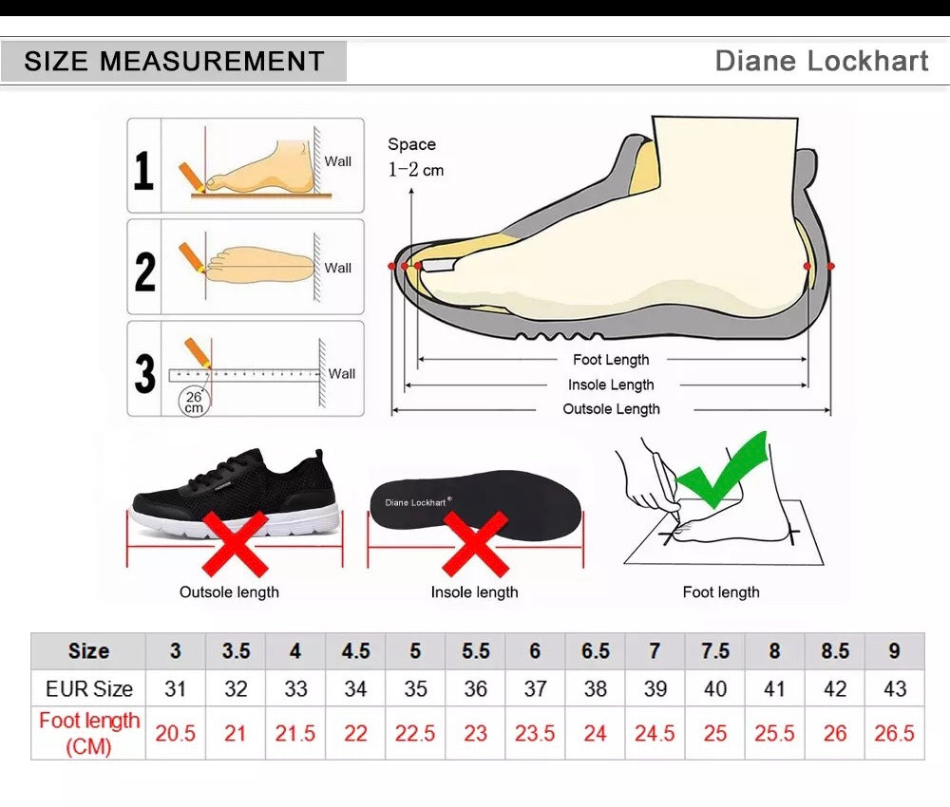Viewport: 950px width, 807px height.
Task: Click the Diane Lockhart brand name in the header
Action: tap(822, 61)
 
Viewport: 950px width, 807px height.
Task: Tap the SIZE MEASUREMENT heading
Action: tap(175, 61)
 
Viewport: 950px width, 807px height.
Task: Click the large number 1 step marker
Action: tap(143, 171)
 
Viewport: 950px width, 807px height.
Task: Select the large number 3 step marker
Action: tap(144, 373)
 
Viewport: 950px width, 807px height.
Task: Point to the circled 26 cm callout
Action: tap(194, 402)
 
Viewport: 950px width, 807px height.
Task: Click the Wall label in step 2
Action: tap(337, 268)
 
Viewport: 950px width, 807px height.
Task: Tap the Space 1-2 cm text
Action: tap(416, 158)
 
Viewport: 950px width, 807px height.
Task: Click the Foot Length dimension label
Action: tap(611, 360)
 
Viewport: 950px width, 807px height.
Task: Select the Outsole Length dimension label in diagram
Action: tap(611, 409)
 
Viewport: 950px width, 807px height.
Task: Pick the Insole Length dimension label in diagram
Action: tap(611, 385)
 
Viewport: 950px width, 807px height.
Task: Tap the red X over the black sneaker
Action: tap(235, 544)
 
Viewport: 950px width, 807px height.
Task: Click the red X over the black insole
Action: tap(476, 544)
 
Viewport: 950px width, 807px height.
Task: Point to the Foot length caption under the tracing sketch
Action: tap(721, 592)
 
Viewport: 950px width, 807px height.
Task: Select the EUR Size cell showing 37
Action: tap(535, 688)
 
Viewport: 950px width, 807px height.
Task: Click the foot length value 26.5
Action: tap(894, 733)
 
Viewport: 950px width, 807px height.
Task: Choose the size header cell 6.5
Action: tap(595, 650)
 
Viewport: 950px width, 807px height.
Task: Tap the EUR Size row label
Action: tap(88, 688)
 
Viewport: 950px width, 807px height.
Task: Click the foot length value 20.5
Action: tap(175, 733)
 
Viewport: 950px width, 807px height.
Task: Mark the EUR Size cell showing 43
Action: tap(894, 688)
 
